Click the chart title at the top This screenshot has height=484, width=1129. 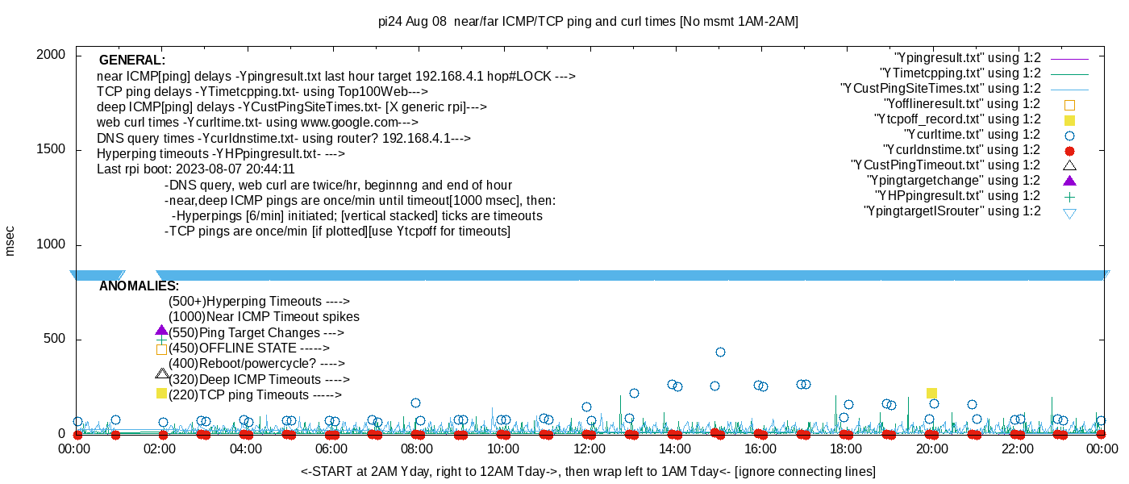(588, 22)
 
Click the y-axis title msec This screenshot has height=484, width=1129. (10, 240)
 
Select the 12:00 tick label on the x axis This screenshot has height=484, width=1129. (589, 449)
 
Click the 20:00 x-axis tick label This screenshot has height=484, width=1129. (931, 449)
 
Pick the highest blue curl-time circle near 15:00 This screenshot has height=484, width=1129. (720, 352)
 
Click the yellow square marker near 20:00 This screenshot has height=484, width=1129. (931, 393)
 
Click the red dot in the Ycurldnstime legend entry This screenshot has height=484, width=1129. (1070, 151)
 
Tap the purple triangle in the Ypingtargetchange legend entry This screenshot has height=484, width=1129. (1070, 181)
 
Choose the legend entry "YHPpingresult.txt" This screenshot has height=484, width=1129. (957, 196)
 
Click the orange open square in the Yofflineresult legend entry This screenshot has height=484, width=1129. (1070, 105)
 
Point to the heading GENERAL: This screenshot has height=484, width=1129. (131, 60)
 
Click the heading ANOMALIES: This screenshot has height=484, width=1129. (139, 286)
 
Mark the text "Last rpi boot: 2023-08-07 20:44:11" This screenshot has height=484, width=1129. (195, 169)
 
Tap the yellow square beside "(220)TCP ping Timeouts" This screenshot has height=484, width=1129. (161, 394)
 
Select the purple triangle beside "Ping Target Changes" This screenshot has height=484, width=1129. (161, 331)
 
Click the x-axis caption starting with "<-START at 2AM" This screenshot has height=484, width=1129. (588, 471)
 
